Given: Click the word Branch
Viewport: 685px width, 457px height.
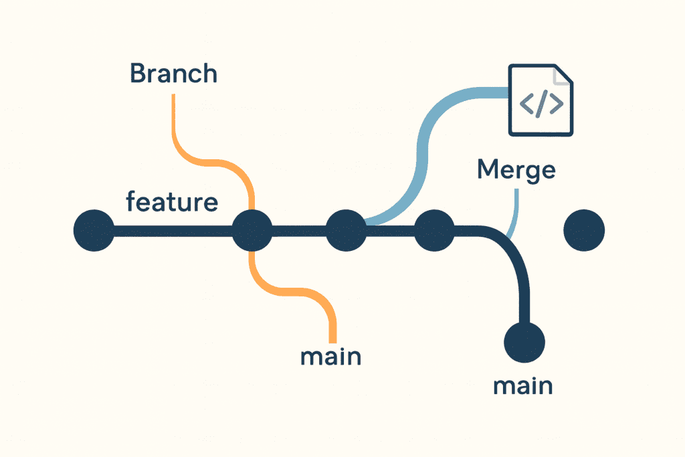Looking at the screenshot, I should point(174,73).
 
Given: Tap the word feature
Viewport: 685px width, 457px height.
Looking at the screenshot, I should point(172,201).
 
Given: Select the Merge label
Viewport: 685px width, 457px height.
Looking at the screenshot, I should point(516,170).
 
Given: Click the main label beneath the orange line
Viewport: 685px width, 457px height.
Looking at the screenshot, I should point(330,356).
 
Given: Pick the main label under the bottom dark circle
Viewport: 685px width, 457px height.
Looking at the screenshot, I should point(522,385).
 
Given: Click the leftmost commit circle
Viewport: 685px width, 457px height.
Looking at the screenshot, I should point(94,231).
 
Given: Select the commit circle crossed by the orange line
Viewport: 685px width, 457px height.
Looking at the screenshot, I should point(252,231).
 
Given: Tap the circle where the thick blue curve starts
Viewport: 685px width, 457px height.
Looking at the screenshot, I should point(346,231).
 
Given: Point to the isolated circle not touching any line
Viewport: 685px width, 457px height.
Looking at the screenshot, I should point(584,231).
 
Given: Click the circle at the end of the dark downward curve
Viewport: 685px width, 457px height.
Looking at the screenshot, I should point(524,341).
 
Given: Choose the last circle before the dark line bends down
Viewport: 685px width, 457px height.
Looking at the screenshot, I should point(434,231).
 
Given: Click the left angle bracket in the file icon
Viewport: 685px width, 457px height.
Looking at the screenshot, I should point(526,103).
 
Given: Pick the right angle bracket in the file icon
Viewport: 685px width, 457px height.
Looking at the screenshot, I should point(557,103).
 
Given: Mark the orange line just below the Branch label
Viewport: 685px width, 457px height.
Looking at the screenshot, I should point(174,120).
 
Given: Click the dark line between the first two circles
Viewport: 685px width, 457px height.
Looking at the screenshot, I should point(173,232).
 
